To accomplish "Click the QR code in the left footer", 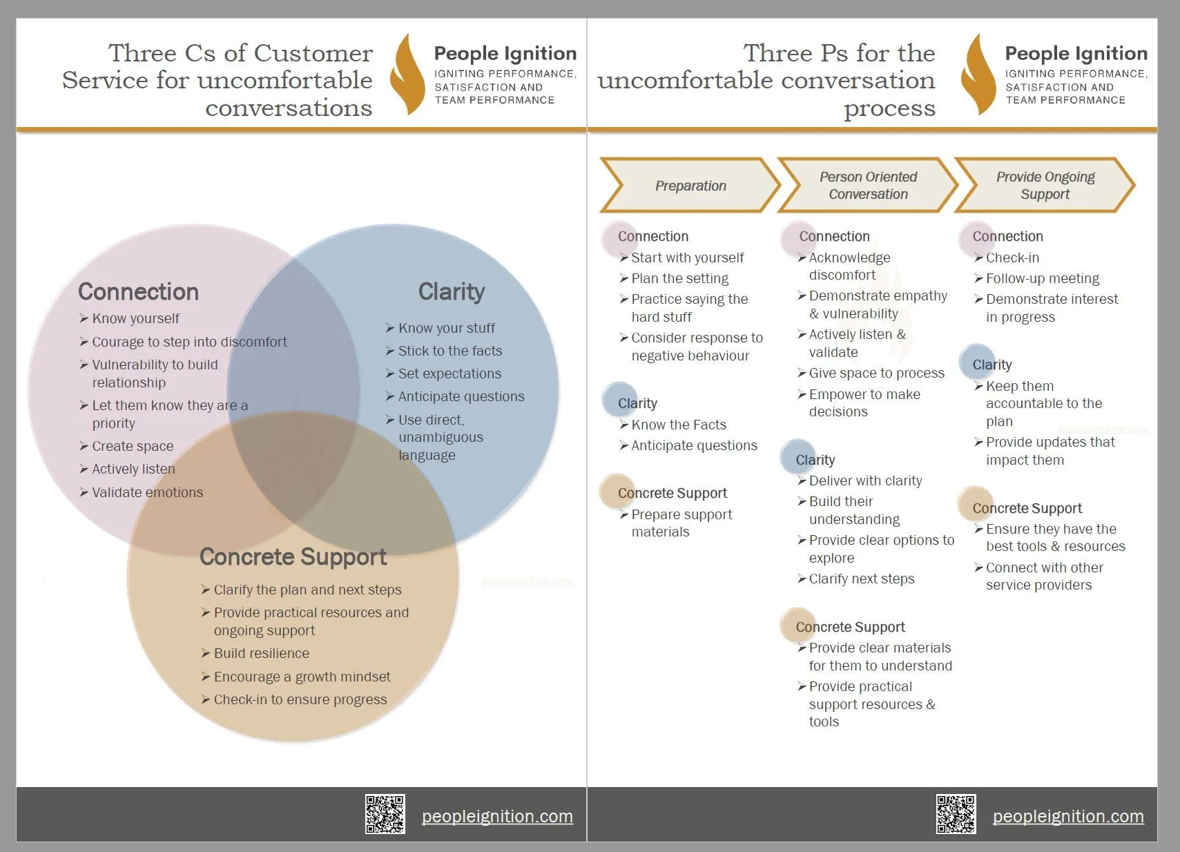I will pyautogui.click(x=385, y=814).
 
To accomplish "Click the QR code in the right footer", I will pyautogui.click(x=956, y=814).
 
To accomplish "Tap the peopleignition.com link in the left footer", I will pyautogui.click(x=497, y=816).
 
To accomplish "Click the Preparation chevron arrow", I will pyautogui.click(x=690, y=186).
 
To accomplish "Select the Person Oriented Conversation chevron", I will pyautogui.click(x=868, y=186).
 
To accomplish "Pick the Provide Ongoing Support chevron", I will pyautogui.click(x=1045, y=186).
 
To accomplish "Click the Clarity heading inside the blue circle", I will pyautogui.click(x=452, y=291).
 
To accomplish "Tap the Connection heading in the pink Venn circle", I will pyautogui.click(x=138, y=291).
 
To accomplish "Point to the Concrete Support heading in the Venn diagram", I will pyautogui.click(x=293, y=556).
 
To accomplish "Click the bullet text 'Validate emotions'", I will pyautogui.click(x=147, y=492).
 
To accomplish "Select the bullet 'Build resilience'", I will pyautogui.click(x=261, y=653).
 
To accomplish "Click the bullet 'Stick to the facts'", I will pyautogui.click(x=449, y=351).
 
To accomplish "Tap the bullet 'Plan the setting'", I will pyautogui.click(x=679, y=278).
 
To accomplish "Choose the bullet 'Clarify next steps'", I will pyautogui.click(x=861, y=579).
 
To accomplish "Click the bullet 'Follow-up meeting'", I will pyautogui.click(x=1042, y=278).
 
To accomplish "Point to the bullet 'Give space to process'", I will pyautogui.click(x=876, y=373).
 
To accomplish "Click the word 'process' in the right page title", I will pyautogui.click(x=889, y=108).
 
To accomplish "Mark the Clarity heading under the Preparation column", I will pyautogui.click(x=637, y=403).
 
